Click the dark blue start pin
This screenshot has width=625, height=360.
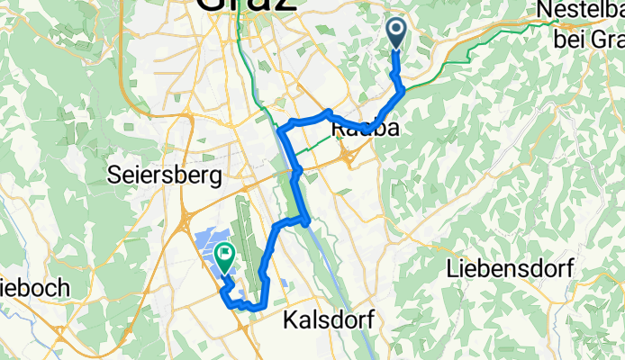(x=396, y=34)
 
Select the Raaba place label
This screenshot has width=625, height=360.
(x=366, y=130)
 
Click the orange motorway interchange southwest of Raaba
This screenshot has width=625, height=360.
(x=349, y=158)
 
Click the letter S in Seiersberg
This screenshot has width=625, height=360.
(x=113, y=171)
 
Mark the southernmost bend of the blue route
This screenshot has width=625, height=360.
(x=258, y=309)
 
